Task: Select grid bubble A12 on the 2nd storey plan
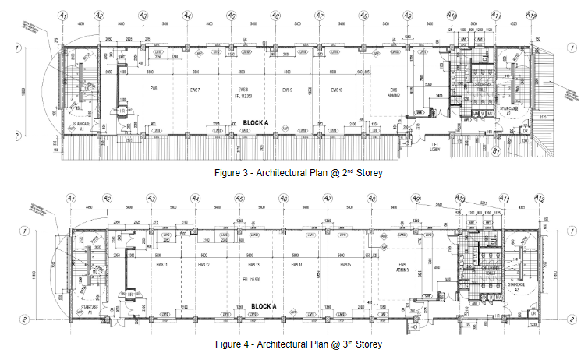pyautogui.click(x=532, y=16)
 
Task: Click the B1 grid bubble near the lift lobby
pyautogui.click(x=494, y=151)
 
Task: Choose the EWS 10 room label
pyautogui.click(x=336, y=90)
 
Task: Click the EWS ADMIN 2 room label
pyautogui.click(x=393, y=93)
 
